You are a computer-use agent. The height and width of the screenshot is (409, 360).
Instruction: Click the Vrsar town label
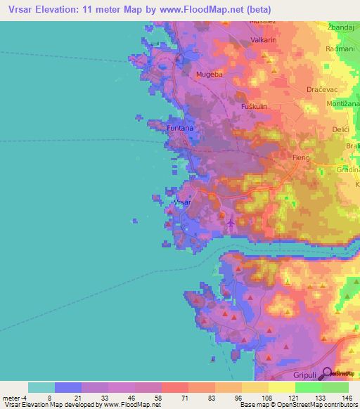click(182, 202)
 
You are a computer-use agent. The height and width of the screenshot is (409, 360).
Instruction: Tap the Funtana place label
click(180, 129)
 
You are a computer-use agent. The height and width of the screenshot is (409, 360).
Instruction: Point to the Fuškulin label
click(255, 106)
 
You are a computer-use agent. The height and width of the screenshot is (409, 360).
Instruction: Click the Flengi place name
click(302, 159)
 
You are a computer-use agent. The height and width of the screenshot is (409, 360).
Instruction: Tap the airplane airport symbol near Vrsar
click(231, 223)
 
